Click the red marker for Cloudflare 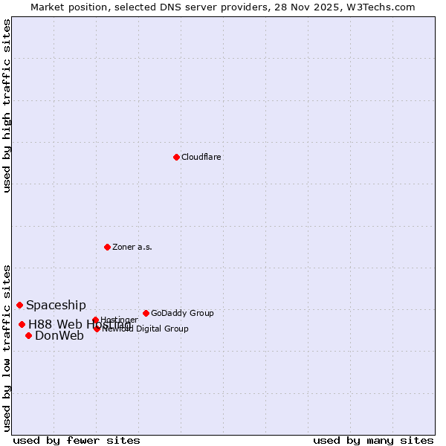click(x=176, y=157)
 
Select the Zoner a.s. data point click(x=107, y=247)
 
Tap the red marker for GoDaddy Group click(x=146, y=313)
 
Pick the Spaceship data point click(x=20, y=305)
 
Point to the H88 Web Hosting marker click(x=22, y=324)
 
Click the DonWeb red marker click(x=28, y=335)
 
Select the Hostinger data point click(x=95, y=320)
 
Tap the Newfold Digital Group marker click(x=97, y=328)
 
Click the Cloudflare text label click(x=201, y=158)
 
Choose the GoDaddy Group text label click(x=182, y=314)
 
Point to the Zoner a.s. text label click(x=132, y=248)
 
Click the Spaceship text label click(x=56, y=305)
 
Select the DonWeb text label click(x=59, y=336)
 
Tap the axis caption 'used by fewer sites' click(x=77, y=440)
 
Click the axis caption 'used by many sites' click(x=373, y=440)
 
